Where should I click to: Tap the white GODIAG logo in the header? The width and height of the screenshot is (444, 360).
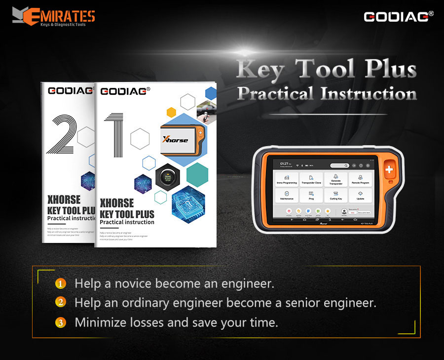coord(398,16)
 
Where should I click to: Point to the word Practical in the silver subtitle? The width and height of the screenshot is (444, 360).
coord(274,93)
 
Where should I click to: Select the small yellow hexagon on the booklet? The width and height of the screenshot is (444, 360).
coord(171,112)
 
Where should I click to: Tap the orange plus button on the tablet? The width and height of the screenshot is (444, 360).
coord(390,170)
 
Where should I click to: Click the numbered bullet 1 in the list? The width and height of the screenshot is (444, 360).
coord(60,284)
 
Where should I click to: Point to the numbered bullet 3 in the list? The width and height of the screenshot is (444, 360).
coord(60,323)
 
